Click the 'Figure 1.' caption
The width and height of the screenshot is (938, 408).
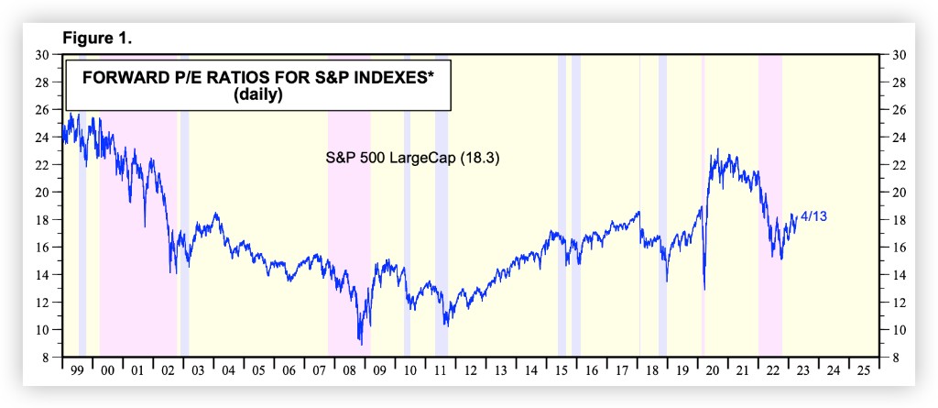(96, 40)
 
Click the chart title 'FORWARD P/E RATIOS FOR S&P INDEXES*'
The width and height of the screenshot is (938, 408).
(258, 78)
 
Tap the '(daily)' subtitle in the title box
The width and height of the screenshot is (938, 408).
(258, 94)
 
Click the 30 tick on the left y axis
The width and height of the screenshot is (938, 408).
(42, 55)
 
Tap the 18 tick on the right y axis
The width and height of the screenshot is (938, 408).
(897, 220)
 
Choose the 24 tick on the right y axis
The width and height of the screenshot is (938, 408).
(897, 138)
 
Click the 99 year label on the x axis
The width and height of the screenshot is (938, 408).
(77, 371)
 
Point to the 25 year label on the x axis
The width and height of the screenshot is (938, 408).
(863, 371)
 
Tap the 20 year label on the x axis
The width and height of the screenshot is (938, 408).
(712, 371)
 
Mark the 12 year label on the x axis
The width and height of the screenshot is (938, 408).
(470, 371)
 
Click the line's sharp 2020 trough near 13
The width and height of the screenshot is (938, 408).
(704, 289)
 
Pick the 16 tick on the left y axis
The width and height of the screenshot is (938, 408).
(42, 248)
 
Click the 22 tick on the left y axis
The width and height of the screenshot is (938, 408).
(42, 165)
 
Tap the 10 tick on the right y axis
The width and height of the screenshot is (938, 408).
(897, 330)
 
